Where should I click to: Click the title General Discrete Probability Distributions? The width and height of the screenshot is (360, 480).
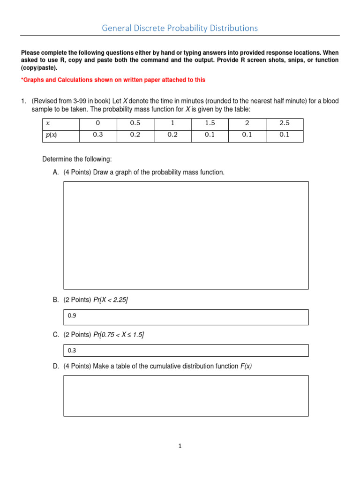tap(180, 28)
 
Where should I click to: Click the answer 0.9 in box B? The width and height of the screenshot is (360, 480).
tap(72, 316)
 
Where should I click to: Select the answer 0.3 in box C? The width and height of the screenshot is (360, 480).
tap(72, 351)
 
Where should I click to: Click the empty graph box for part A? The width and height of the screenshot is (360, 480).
tap(186, 235)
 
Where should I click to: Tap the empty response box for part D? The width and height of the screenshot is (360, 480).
tap(186, 396)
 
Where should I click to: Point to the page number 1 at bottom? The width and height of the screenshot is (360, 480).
tap(180, 446)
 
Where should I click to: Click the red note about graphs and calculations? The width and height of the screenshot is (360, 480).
tap(113, 80)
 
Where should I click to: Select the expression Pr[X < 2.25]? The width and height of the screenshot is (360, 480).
tap(111, 300)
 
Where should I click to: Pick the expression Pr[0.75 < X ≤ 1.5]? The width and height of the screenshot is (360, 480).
tap(119, 335)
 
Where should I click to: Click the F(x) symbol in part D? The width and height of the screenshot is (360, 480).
tap(246, 366)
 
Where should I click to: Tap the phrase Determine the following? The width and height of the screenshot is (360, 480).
tap(77, 159)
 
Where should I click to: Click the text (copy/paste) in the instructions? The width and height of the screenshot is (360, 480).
tap(39, 68)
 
